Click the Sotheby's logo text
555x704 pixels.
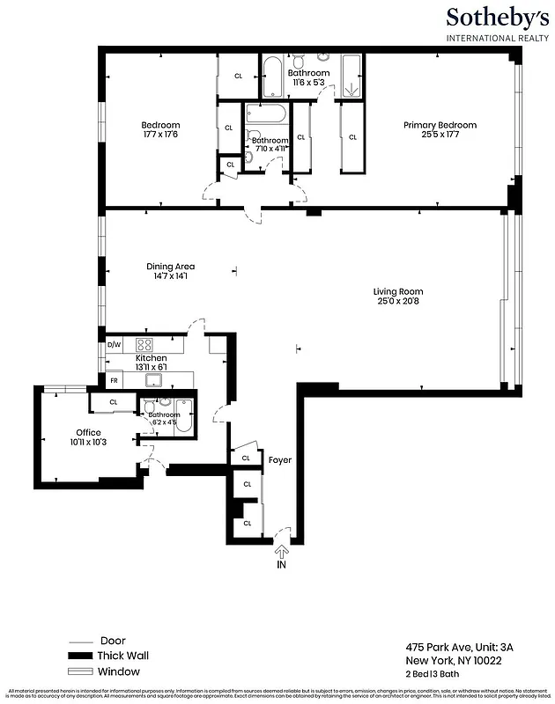pos(497,18)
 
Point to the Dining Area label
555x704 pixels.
pos(171,267)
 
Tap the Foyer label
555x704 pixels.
pos(280,459)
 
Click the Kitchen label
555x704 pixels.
pos(151,359)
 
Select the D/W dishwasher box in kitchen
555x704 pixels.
pos(114,344)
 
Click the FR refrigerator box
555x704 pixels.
pos(114,380)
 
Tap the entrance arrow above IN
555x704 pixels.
pos(282,552)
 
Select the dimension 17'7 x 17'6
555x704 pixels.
pos(161,135)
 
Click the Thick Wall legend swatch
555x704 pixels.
pos(82,656)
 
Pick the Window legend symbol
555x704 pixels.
pos(82,671)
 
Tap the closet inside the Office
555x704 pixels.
pos(114,402)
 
